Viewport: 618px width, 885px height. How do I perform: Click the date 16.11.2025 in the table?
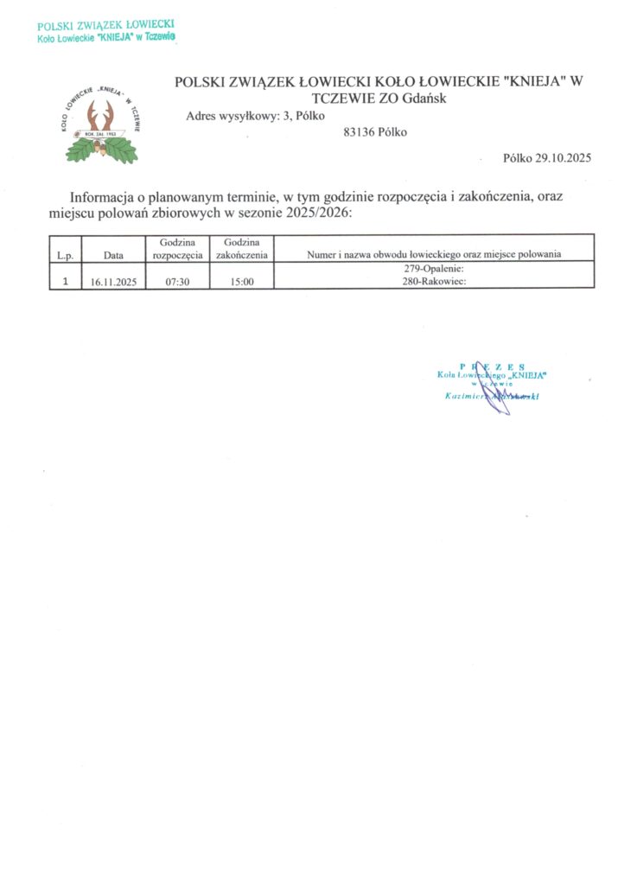(x=114, y=282)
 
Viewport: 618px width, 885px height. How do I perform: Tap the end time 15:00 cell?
(x=243, y=282)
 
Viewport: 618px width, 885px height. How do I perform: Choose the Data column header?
(x=113, y=255)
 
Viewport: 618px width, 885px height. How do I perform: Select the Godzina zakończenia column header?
(x=243, y=249)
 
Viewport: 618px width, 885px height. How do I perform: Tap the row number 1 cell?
(x=65, y=281)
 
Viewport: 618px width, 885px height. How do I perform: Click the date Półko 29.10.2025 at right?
(x=545, y=158)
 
